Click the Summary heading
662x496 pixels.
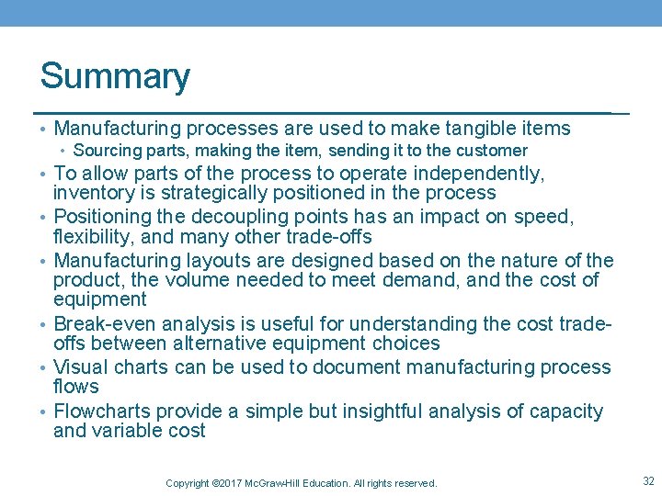pyautogui.click(x=115, y=77)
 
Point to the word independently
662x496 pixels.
pyautogui.click(x=479, y=174)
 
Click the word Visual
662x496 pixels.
pyautogui.click(x=81, y=367)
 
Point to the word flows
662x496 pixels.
pyautogui.click(x=75, y=387)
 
